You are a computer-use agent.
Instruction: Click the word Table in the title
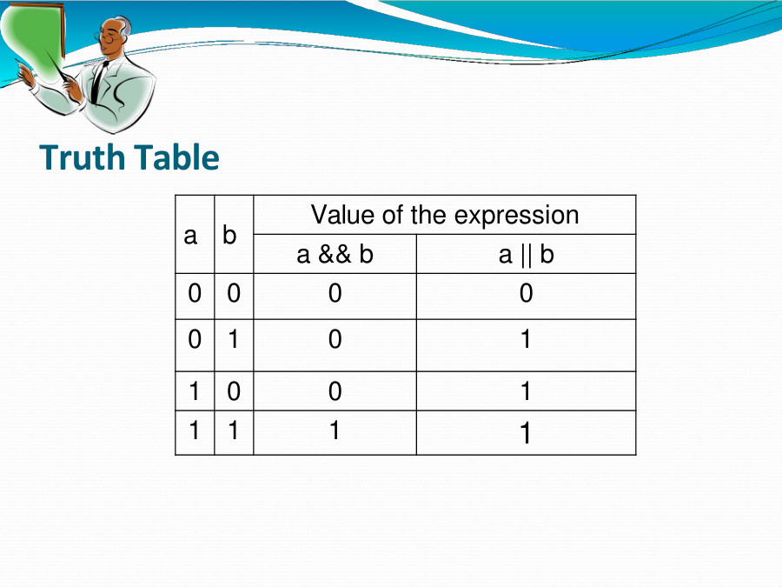coord(176,158)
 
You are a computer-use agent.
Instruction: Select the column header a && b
coord(335,254)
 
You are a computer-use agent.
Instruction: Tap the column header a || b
coord(526,254)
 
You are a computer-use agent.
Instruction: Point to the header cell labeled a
coord(191,235)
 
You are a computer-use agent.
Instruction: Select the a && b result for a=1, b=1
coord(335,430)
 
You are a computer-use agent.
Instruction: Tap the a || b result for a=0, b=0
coord(526,294)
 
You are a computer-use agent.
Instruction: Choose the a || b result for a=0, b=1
coord(526,339)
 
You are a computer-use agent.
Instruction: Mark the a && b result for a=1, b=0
coord(335,391)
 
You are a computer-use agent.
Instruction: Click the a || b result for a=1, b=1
coord(526,433)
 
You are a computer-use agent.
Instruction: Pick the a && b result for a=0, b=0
coord(335,294)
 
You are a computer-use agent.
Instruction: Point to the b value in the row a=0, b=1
coord(233,339)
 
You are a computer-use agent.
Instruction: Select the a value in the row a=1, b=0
coord(195,391)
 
